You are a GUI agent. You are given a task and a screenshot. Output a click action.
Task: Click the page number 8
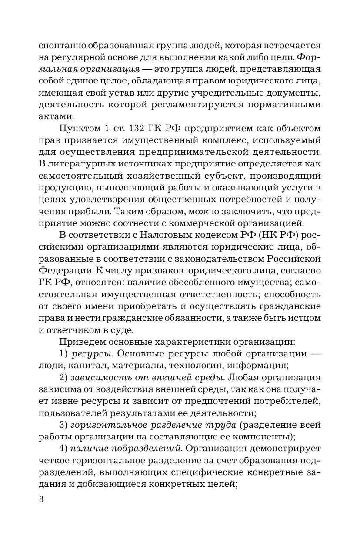tap(41, 499)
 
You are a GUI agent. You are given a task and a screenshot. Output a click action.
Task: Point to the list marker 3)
tap(63, 424)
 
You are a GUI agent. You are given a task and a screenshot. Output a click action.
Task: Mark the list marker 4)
tap(63, 447)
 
